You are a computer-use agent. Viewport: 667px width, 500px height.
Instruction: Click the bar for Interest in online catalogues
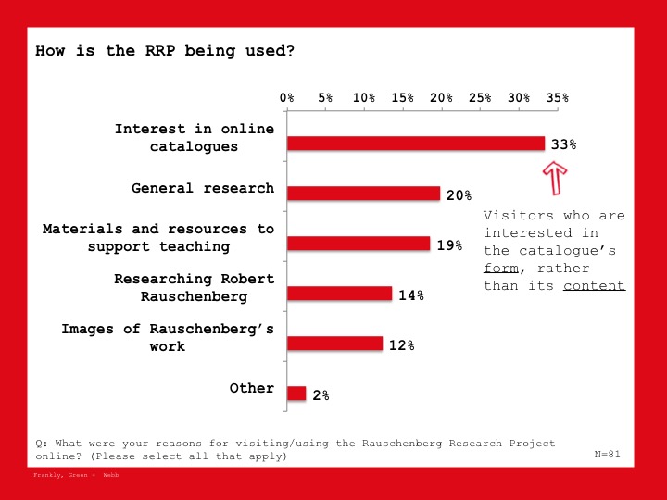[x=416, y=144]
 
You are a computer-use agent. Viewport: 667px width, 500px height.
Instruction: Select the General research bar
[x=364, y=194]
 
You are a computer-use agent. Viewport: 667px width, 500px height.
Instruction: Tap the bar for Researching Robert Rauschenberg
[x=339, y=294]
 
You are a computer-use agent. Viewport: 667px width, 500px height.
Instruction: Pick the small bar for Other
[x=296, y=394]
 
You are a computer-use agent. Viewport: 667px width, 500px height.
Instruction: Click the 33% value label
[x=563, y=144]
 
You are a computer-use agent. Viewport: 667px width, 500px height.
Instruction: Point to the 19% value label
[x=449, y=245]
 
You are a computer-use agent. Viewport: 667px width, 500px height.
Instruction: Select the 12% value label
[x=401, y=345]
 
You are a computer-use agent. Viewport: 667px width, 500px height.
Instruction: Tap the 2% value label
[x=321, y=395]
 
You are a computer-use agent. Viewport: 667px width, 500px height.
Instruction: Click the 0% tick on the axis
[x=286, y=98]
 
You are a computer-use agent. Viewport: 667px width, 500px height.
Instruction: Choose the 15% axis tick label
[x=402, y=98]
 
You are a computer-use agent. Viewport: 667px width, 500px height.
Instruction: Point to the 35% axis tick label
[x=558, y=98]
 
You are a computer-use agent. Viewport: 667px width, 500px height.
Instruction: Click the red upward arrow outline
[x=555, y=179]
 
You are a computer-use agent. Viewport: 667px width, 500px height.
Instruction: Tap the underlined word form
[x=501, y=269]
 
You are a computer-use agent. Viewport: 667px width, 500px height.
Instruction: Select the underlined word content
[x=594, y=286]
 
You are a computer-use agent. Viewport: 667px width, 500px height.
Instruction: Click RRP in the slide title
[x=160, y=51]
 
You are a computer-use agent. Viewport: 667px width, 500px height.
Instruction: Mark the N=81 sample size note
[x=607, y=454]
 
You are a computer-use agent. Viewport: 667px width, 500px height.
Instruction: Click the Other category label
[x=251, y=388]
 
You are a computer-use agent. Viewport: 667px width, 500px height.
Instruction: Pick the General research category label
[x=203, y=188]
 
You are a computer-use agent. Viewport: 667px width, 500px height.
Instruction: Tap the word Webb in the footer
[x=110, y=475]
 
